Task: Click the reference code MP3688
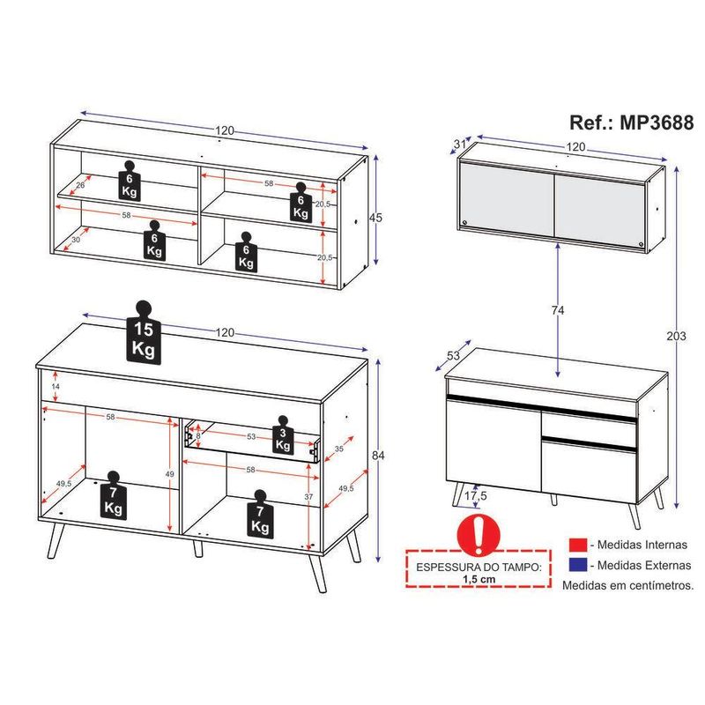[x=657, y=122]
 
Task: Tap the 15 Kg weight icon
[x=144, y=332]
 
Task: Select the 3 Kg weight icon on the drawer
[x=283, y=434]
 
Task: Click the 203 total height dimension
[x=676, y=336]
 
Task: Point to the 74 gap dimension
[x=558, y=310]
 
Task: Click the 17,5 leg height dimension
[x=476, y=496]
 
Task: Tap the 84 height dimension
[x=378, y=455]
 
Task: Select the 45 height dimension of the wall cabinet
[x=375, y=218]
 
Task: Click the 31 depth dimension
[x=459, y=144]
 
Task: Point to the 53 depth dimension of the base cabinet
[x=453, y=355]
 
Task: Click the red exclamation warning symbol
[x=479, y=536]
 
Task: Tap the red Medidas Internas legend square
[x=578, y=545]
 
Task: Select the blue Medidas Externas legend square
[x=578, y=565]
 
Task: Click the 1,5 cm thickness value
[x=479, y=579]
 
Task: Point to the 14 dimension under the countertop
[x=56, y=386]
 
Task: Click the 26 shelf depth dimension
[x=80, y=185]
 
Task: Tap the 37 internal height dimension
[x=308, y=497]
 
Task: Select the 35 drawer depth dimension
[x=339, y=449]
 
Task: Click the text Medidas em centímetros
[x=628, y=585]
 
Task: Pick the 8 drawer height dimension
[x=197, y=435]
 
